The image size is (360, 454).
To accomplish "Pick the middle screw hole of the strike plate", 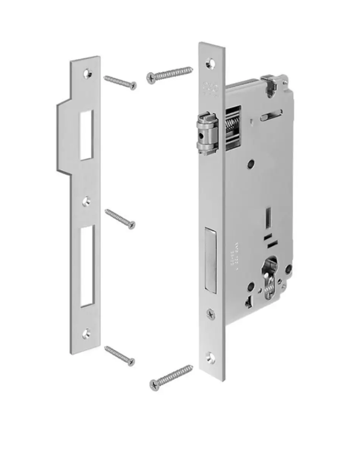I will tap(87, 202).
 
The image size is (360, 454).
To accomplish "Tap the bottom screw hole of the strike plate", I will tap(86, 333).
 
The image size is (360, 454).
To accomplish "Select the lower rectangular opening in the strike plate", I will tap(87, 266).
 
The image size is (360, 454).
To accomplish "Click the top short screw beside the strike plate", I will tap(120, 82).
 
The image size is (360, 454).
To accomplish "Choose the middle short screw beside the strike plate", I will tap(120, 219).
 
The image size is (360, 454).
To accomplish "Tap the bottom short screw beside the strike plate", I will tap(120, 356).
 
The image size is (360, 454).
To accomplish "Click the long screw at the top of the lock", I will tap(170, 73).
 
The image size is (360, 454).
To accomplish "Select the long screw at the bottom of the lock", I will tap(171, 377).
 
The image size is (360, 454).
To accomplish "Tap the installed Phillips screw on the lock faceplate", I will tap(211, 314).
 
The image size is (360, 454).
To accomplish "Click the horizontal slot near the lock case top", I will tap(271, 113).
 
